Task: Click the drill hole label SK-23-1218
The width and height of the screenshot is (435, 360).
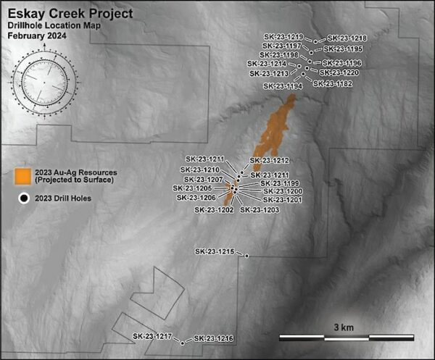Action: [x=347, y=38]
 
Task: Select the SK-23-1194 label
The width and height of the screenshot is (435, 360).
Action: [x=283, y=86]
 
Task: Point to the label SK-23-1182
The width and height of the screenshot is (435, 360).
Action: [x=333, y=84]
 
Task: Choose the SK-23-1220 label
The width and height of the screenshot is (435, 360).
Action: [x=339, y=72]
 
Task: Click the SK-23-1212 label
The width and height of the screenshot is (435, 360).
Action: [x=270, y=160]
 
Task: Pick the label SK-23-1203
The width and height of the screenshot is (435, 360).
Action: [x=260, y=210]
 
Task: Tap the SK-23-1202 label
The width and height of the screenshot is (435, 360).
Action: [x=214, y=210]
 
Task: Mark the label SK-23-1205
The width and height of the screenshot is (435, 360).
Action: [x=192, y=188]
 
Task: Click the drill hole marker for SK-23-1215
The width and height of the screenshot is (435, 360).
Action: [x=247, y=256]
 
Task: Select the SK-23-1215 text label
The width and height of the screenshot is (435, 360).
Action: [x=215, y=251]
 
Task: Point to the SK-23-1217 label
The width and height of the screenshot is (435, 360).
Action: [x=152, y=337]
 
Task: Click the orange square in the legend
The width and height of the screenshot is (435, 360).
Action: [x=24, y=175]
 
